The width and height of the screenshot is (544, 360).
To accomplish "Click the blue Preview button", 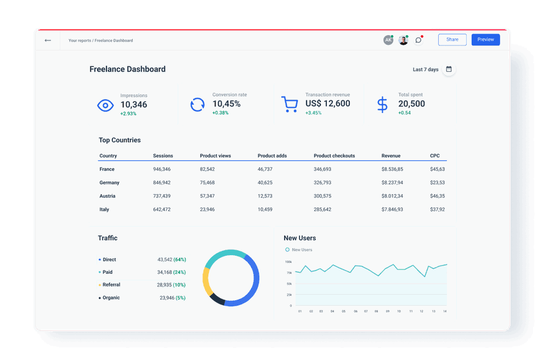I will (x=485, y=40).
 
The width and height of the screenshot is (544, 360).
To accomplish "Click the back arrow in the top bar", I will (x=48, y=40).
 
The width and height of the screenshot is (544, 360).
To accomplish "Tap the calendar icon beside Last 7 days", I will (x=449, y=69).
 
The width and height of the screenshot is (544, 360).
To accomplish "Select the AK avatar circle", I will (x=388, y=40).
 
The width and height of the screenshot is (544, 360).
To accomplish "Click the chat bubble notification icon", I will (x=418, y=40).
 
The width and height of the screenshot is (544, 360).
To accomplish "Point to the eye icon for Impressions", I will (x=105, y=105).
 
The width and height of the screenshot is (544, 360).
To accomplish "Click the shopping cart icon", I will (x=289, y=104).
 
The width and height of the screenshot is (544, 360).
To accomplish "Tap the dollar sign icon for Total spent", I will (x=382, y=104).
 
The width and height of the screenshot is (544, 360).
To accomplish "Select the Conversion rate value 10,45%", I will (x=226, y=104).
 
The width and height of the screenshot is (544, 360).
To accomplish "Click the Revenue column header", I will (x=391, y=156).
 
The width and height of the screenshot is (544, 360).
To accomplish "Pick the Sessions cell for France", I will (x=162, y=169).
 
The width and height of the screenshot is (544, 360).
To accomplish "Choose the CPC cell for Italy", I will (x=437, y=210).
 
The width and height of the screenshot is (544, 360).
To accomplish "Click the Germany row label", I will (x=109, y=183).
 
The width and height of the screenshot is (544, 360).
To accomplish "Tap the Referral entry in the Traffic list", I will (x=111, y=285).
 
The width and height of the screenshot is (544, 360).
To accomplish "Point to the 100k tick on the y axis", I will (x=288, y=262).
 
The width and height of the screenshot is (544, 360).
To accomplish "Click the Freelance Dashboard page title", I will (x=127, y=69).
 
